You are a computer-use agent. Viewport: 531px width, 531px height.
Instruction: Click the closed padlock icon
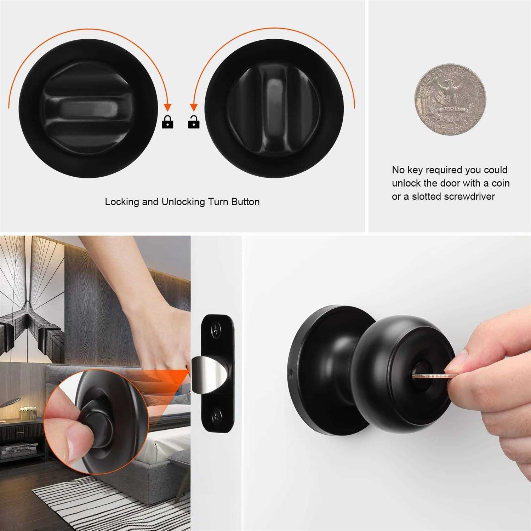click(x=167, y=122)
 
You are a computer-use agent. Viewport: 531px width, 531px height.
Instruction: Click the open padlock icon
click(x=194, y=122)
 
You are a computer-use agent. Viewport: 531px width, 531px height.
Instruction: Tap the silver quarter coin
click(x=450, y=99)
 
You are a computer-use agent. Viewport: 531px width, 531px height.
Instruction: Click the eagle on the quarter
click(x=450, y=96)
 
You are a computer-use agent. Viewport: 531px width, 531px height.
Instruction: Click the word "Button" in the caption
click(x=245, y=202)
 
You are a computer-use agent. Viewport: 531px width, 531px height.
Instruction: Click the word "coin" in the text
click(x=501, y=183)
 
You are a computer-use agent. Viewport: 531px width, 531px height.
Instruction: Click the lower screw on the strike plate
click(x=216, y=415)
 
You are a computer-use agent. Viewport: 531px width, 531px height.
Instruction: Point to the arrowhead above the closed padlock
click(x=168, y=107)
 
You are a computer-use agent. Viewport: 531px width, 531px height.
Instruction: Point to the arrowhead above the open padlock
click(x=194, y=107)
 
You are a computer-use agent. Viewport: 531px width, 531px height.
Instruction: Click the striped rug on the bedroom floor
click(x=106, y=503)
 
